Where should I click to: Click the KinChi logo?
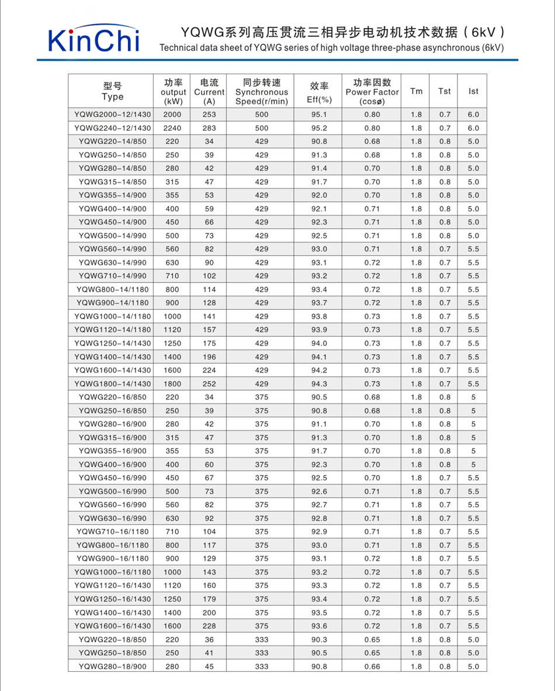(x=93, y=39)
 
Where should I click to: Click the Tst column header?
(x=445, y=91)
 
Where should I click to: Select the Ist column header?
(x=473, y=91)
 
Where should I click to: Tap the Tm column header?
(x=416, y=91)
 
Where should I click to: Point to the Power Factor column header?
(x=372, y=92)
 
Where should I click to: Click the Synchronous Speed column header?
(x=262, y=92)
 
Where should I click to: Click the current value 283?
(x=209, y=128)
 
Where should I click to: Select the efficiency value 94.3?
(x=319, y=383)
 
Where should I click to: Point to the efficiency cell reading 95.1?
(x=319, y=115)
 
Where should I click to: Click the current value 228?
(x=209, y=626)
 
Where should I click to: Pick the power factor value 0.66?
(x=372, y=666)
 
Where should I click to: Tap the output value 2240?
(x=172, y=128)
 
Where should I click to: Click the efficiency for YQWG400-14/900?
(x=319, y=209)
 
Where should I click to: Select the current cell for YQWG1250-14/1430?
(x=209, y=343)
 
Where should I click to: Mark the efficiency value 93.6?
(x=319, y=626)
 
